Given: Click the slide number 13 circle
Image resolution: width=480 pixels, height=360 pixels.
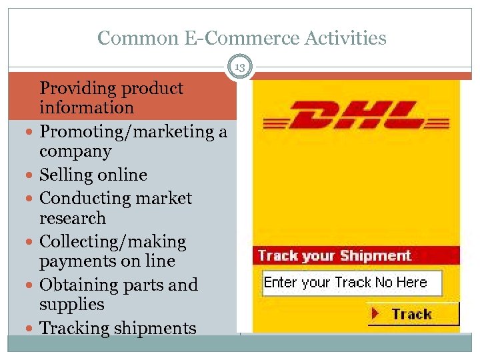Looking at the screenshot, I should [240, 67].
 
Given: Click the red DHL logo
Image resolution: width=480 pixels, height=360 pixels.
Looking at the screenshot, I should [352, 115].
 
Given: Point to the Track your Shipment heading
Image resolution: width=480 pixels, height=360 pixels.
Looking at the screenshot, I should [335, 256].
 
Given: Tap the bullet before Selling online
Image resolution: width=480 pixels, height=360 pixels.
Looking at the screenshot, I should [31, 175].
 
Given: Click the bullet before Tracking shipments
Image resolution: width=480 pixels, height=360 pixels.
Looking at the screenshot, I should [31, 329].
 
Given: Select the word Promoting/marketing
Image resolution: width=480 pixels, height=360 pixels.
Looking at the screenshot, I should [125, 132].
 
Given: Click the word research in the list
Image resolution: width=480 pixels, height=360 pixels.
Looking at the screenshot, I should [73, 219].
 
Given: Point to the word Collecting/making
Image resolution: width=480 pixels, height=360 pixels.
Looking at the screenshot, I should [113, 241].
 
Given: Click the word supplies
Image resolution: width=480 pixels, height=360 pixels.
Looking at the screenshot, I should [72, 305].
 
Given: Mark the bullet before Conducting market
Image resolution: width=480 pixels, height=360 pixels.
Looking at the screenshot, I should [31, 199].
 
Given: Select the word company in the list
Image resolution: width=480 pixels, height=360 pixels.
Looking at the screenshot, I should [75, 152].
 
